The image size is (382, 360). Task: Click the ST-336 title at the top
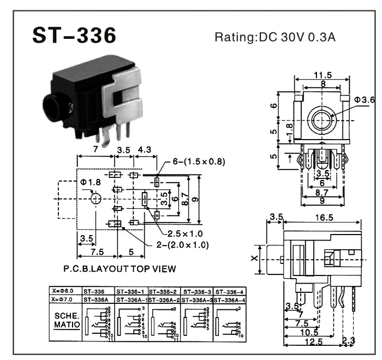coord(74,36)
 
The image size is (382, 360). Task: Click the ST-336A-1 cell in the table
coord(131,300)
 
